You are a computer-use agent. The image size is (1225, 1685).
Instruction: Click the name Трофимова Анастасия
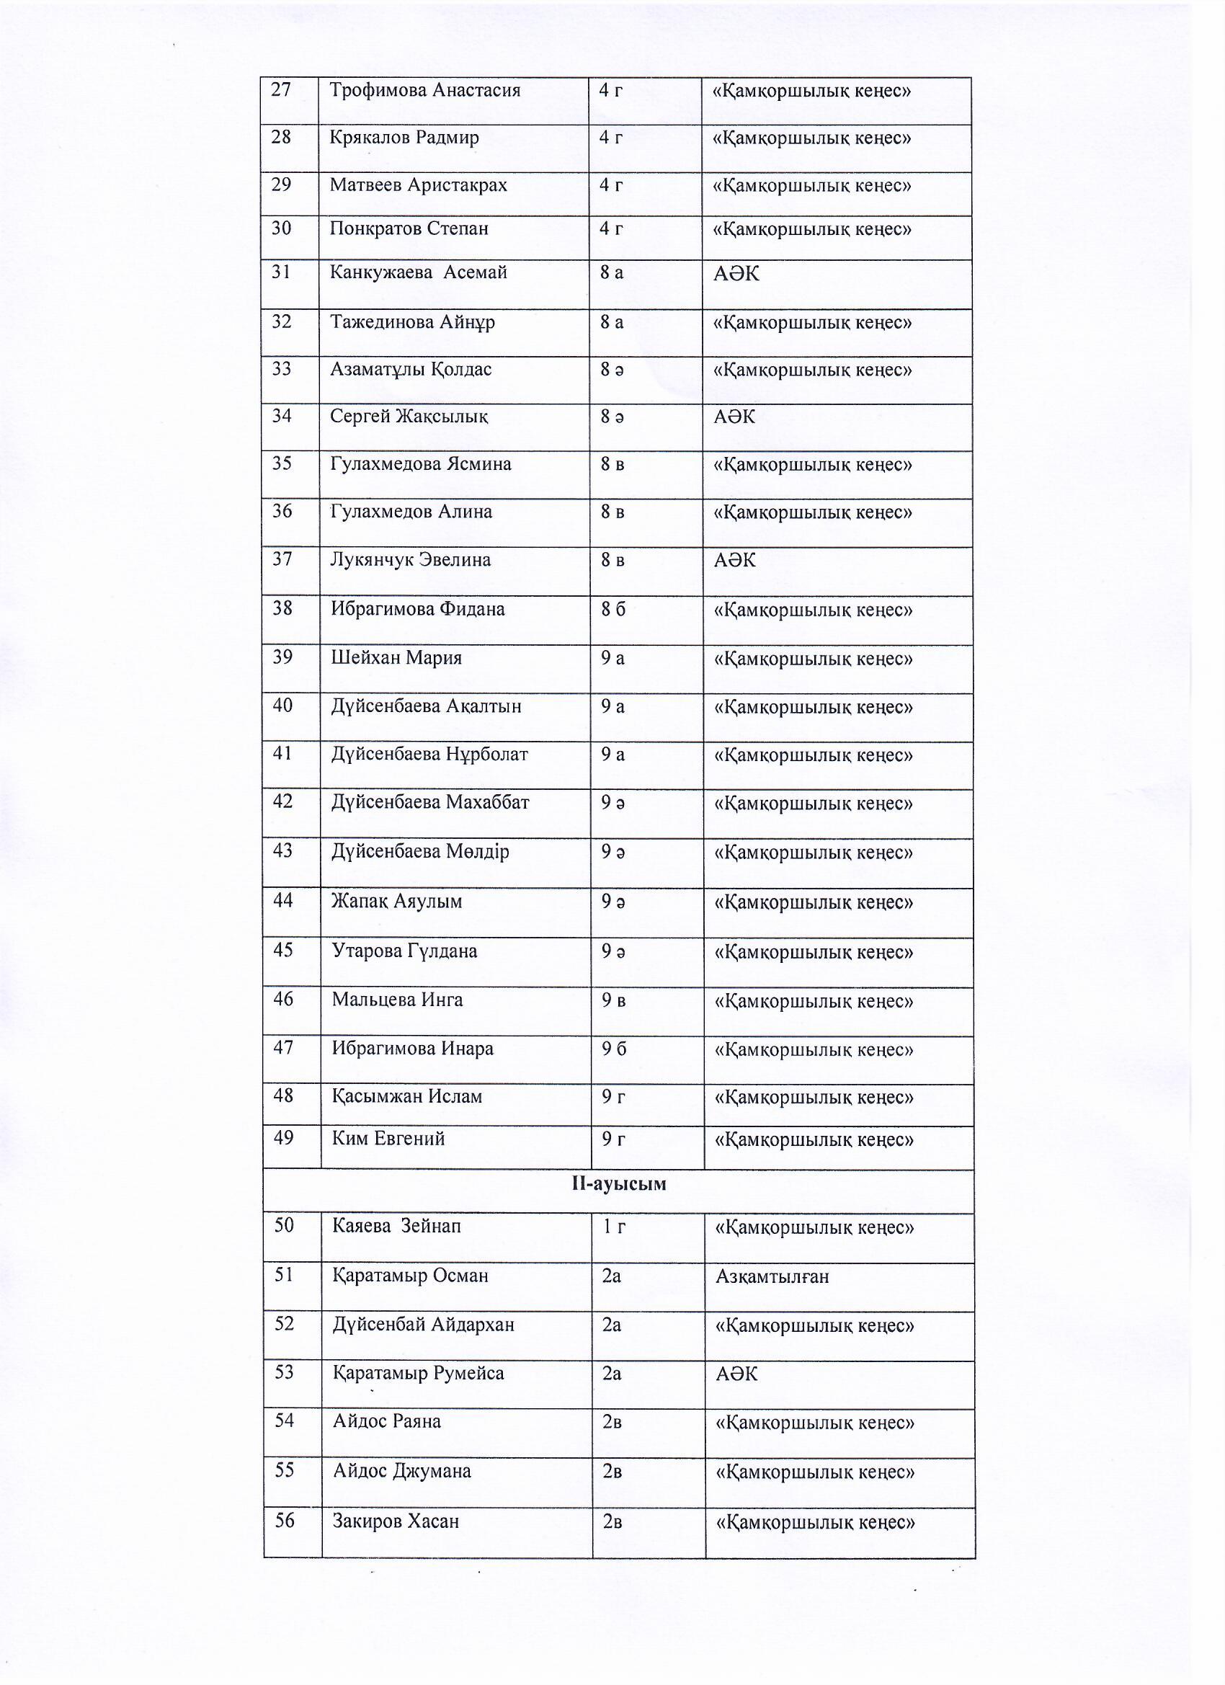point(424,91)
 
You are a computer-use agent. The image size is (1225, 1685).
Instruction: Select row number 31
point(281,272)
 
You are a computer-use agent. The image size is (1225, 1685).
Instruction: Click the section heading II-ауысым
point(618,1183)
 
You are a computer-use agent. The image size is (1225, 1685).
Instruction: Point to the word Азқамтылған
point(772,1276)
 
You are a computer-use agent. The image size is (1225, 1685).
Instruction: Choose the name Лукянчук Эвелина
point(410,559)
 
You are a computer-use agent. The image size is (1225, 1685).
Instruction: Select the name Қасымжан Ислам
point(406,1096)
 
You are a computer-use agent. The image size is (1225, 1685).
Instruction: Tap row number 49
point(283,1137)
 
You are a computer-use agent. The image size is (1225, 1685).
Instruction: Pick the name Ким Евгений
point(388,1138)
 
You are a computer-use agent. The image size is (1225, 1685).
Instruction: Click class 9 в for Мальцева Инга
point(613,1000)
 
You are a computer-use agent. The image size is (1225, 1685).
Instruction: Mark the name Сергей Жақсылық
point(409,416)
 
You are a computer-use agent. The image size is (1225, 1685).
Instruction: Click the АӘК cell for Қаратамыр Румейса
point(736,1374)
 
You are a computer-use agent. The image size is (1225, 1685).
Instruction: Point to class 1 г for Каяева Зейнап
point(614,1227)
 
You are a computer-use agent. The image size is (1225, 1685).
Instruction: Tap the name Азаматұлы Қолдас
point(410,369)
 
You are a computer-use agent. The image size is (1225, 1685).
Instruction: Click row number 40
point(282,705)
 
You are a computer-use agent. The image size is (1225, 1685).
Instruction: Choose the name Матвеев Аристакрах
point(417,184)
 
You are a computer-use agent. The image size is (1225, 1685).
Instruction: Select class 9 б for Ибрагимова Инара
point(614,1049)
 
